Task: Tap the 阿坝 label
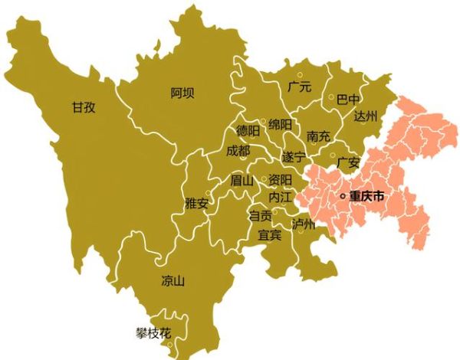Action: pos(182,93)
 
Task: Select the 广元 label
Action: pos(299,87)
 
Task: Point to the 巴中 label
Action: pos(348,100)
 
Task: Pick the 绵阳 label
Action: pos(281,124)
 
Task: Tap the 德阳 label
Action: pos(247,131)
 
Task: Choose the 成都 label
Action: pos(238,151)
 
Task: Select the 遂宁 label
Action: pos(294,157)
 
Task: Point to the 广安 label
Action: pos(348,162)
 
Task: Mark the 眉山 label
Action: pos(242,182)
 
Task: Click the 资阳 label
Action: pos(280,179)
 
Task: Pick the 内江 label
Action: pos(280,198)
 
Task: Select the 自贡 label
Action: pos(261,217)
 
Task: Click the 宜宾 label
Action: pos(270,234)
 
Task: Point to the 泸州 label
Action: pos(304,224)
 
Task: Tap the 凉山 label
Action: pos(173,280)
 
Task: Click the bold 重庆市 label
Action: pos(366,197)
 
